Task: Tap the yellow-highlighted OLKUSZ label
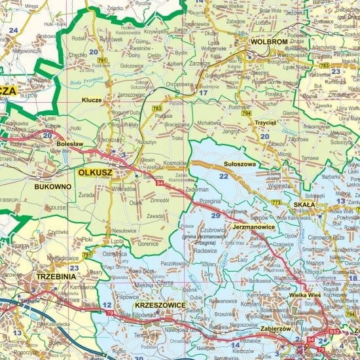click(95, 173)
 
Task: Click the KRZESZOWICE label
click(160, 306)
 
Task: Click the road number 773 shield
click(276, 203)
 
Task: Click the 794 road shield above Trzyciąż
click(245, 113)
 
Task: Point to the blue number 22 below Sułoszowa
click(224, 177)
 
